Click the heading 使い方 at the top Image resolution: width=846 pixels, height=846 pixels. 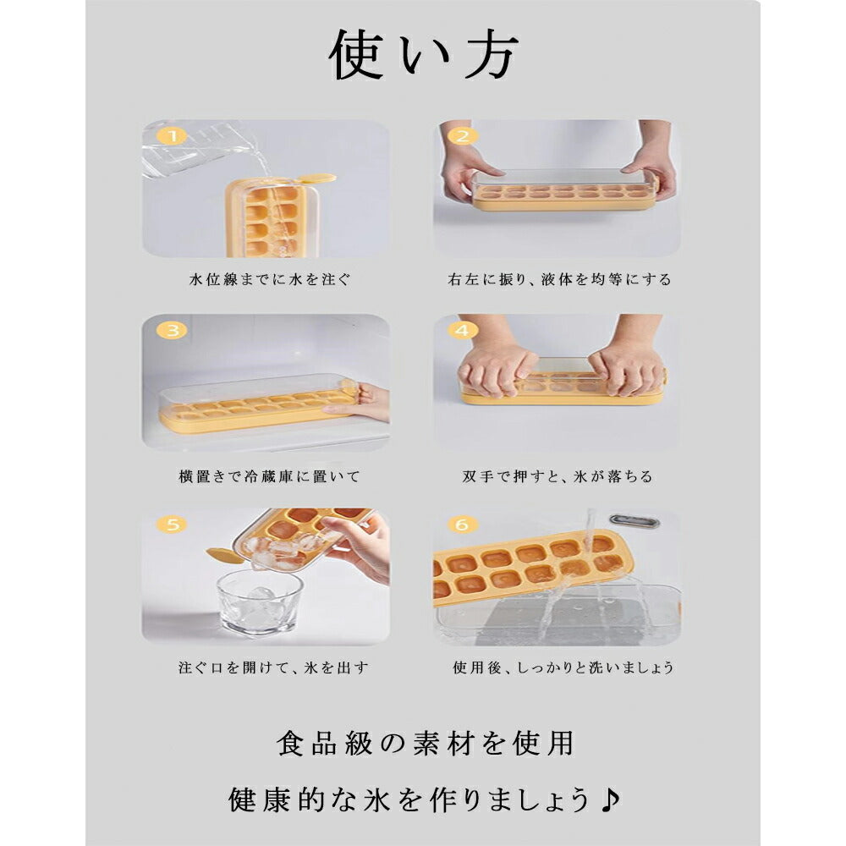click(423, 54)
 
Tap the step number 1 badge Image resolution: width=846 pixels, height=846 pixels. click(172, 135)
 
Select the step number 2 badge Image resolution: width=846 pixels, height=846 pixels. click(463, 136)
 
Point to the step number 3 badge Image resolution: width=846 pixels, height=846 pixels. click(172, 330)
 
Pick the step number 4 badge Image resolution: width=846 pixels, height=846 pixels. click(463, 330)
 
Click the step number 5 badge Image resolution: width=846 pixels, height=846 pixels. click(172, 524)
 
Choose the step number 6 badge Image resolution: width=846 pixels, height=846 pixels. click(463, 524)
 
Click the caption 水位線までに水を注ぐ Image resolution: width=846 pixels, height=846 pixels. click(270, 279)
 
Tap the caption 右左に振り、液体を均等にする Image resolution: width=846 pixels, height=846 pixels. click(559, 279)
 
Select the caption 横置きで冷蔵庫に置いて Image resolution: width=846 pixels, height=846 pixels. click(269, 476)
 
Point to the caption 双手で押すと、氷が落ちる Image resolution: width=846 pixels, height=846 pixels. click(558, 476)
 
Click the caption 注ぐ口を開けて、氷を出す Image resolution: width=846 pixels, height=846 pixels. click(273, 668)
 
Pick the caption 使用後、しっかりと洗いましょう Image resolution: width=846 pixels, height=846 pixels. click(563, 668)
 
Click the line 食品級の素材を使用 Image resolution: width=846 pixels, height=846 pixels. click(425, 744)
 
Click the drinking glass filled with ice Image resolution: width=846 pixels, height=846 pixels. click(258, 604)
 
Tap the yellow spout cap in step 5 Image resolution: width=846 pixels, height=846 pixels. click(224, 556)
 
